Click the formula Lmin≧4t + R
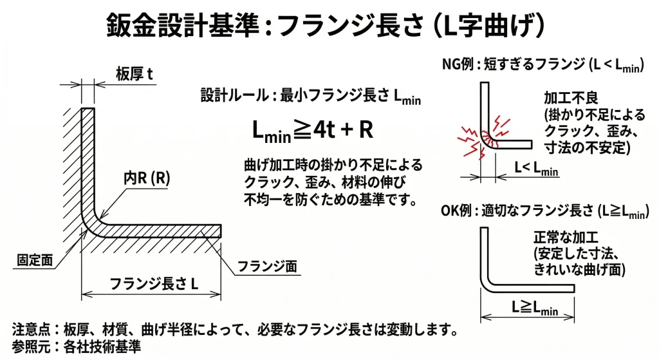pyautogui.click(x=313, y=130)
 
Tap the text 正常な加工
pyautogui.click(x=566, y=236)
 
